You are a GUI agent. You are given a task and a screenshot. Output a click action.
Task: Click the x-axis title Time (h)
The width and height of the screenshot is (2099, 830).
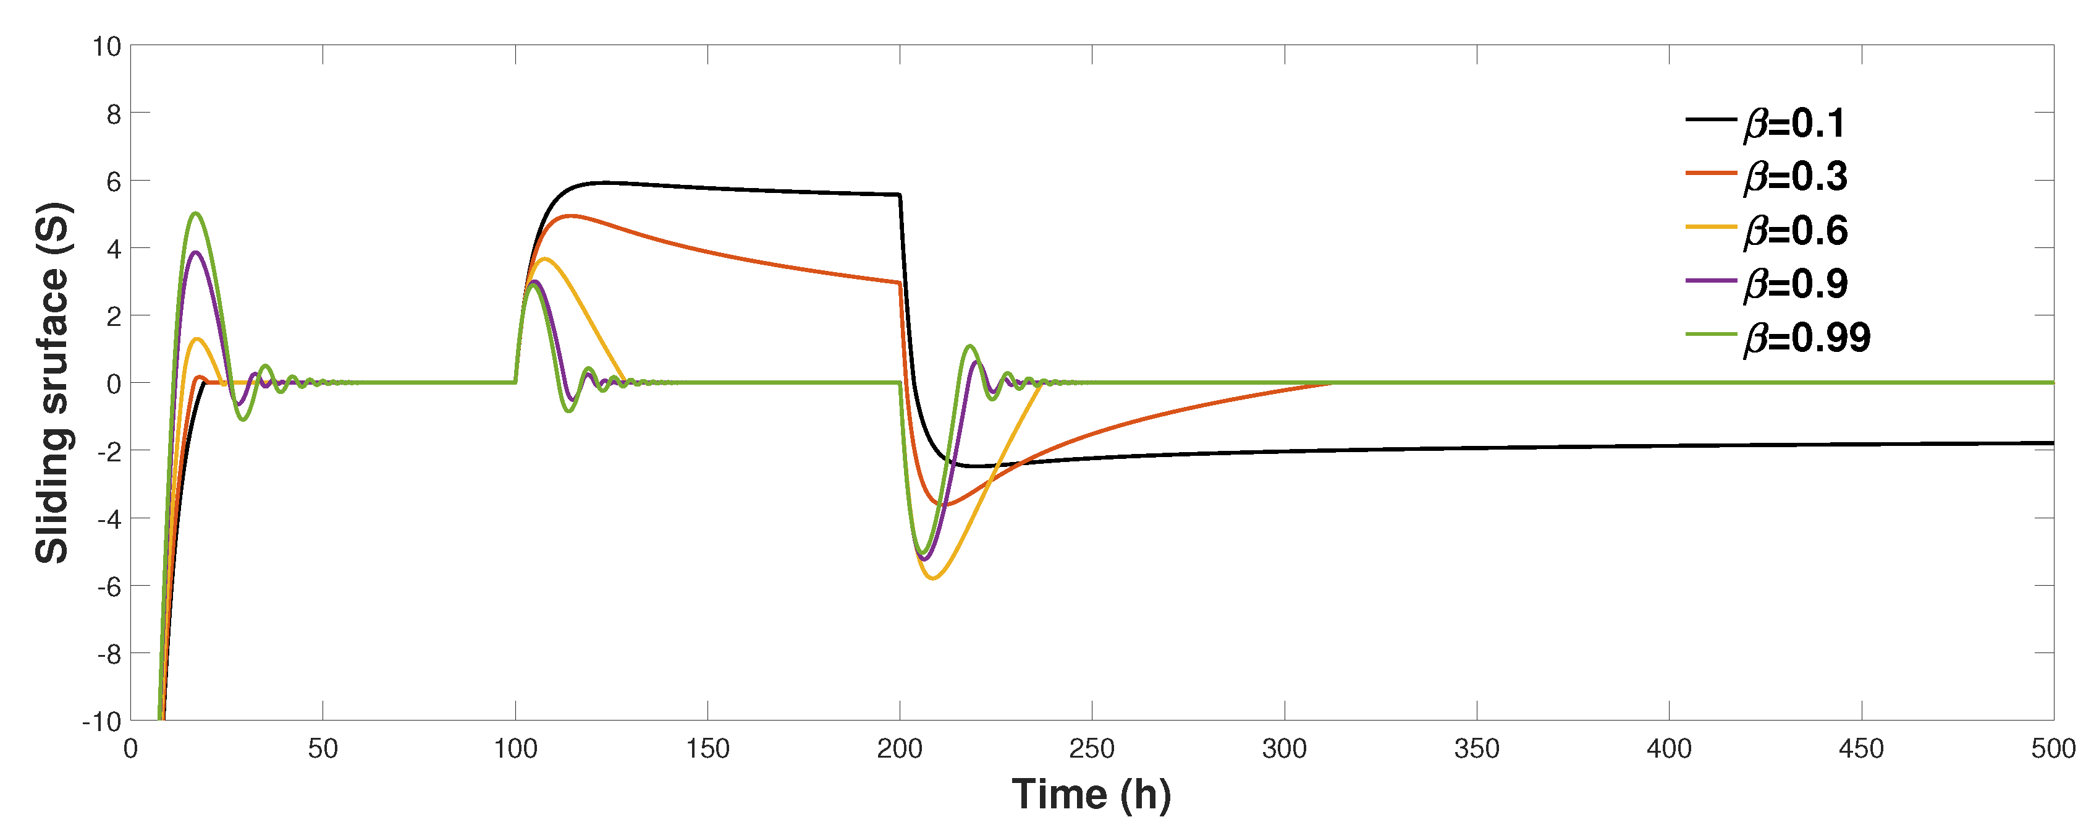coord(1091,794)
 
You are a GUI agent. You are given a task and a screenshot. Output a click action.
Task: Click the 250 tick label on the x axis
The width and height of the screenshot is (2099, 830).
coord(1091,748)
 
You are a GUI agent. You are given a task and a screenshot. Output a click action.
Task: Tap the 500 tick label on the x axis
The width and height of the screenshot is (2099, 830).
coord(2053,748)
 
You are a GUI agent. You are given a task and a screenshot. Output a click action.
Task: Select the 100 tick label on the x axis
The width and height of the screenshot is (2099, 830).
coord(515,748)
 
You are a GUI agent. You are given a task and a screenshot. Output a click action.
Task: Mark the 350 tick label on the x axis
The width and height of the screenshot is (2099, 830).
coord(1477,748)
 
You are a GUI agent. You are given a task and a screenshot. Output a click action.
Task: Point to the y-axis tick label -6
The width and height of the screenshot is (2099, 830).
coord(108,586)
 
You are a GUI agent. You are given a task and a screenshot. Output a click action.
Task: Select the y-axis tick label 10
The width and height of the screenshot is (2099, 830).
coord(106,46)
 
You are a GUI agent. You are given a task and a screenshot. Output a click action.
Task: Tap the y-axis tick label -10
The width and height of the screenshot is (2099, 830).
coord(101,722)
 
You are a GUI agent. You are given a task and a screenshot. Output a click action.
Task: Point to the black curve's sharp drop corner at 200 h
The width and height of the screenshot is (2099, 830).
coord(899,195)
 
